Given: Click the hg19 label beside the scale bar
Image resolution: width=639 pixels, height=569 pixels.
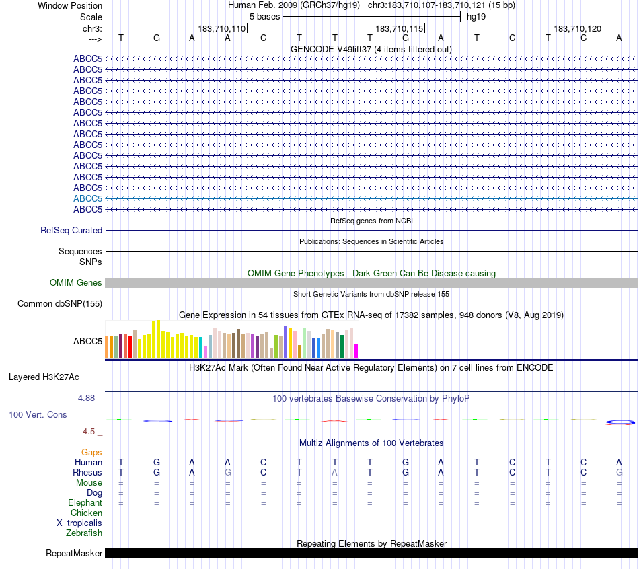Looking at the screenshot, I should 476,16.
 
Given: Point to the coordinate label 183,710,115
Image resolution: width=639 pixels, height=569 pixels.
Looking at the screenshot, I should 400,29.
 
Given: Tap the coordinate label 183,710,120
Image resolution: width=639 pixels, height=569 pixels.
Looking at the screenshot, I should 578,29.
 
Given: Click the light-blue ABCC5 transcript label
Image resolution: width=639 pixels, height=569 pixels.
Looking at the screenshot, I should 87,198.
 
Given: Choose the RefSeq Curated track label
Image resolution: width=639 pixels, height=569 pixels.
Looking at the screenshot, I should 71,230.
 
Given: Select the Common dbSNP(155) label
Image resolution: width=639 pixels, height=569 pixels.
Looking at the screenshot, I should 60,303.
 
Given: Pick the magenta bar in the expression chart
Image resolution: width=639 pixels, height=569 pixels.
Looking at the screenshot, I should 356,351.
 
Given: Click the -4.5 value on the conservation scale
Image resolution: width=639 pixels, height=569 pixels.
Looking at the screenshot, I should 89,432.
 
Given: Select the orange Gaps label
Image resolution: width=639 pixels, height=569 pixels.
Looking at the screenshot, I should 91,452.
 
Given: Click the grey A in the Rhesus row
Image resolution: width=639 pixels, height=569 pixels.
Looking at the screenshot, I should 335,472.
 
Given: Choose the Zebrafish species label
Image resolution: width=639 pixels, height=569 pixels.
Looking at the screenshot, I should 84,533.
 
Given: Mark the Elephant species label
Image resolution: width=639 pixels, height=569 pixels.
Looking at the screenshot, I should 85,502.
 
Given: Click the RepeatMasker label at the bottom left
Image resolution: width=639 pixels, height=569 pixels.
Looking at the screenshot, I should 74,554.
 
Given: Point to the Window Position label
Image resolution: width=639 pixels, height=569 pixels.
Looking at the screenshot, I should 70,5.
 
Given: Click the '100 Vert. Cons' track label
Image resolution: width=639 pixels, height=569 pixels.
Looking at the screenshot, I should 38,414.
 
